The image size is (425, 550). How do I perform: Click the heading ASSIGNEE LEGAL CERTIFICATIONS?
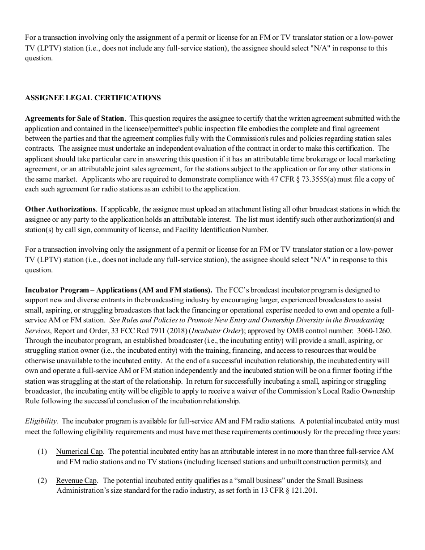pyautogui.click(x=93, y=98)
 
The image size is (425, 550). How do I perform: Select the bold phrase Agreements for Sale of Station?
pyautogui.click(x=74, y=118)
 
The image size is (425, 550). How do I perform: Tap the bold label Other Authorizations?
pyautogui.click(x=60, y=209)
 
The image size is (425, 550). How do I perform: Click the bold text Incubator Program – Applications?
pyautogui.click(x=81, y=290)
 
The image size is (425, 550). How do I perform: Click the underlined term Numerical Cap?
pyautogui.click(x=80, y=452)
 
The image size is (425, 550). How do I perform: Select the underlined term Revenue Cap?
pyautogui.click(x=76, y=481)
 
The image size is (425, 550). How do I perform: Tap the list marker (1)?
pyautogui.click(x=42, y=452)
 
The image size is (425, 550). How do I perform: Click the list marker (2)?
pyautogui.click(x=42, y=481)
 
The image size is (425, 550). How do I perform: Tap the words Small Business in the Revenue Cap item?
pyautogui.click(x=340, y=481)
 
